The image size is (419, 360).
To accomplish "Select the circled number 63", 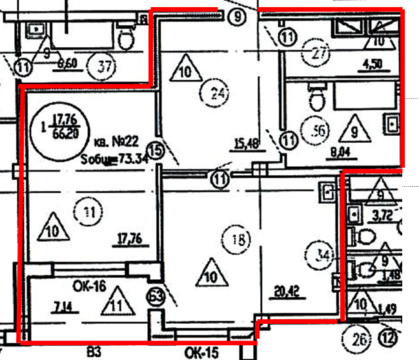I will (x=156, y=297).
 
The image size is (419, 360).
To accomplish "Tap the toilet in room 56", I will (x=317, y=98).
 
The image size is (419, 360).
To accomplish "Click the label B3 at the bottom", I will (x=94, y=353).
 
